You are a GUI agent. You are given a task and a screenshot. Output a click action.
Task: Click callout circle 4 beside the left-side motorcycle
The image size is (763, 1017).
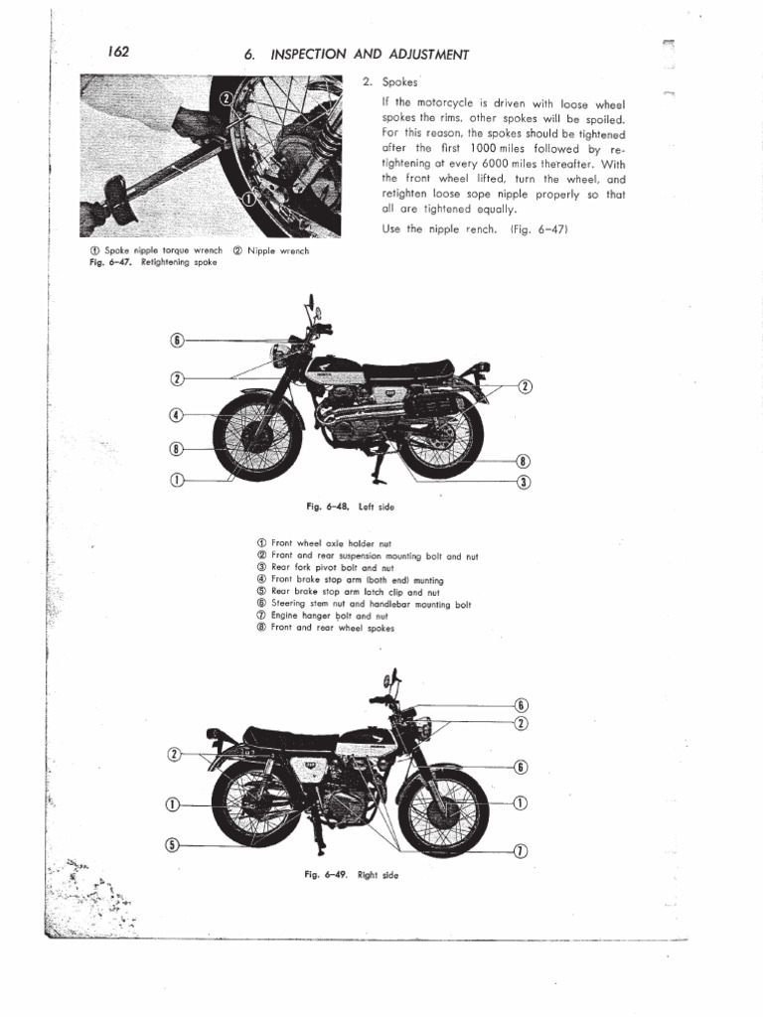point(177,415)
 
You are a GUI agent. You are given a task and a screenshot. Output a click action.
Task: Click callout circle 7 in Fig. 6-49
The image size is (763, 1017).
point(520,850)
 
